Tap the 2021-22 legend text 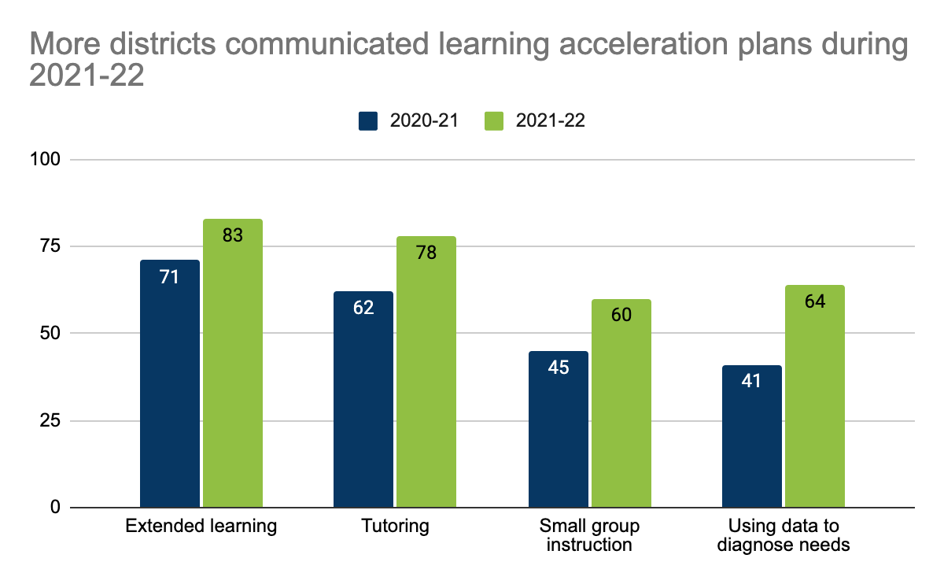(551, 120)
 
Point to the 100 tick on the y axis (45, 160)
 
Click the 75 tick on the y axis (50, 246)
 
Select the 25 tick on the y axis (50, 420)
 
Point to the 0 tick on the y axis (54, 508)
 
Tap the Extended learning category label (201, 526)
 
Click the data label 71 (169, 277)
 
